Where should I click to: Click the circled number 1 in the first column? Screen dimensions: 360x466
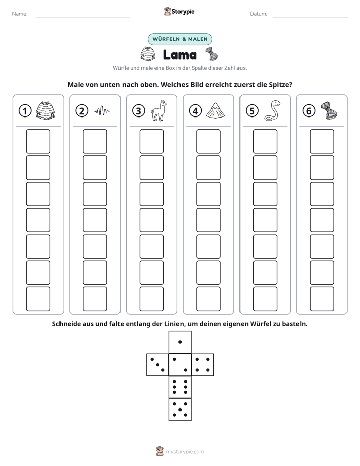click(x=25, y=111)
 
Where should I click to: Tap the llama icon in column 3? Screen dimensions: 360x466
click(x=159, y=110)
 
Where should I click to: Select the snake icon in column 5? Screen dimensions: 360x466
click(x=272, y=110)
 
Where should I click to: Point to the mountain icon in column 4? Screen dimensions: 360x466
click(x=216, y=110)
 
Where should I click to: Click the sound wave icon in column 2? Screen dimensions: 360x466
click(x=102, y=111)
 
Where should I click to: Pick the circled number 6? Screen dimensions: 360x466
click(x=309, y=111)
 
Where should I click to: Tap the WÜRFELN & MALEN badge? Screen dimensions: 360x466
click(x=180, y=39)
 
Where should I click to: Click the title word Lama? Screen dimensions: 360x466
click(x=180, y=55)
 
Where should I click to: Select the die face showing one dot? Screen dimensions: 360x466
click(x=180, y=342)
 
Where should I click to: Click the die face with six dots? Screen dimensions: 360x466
click(x=180, y=387)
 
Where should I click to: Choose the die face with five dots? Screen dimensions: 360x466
click(x=180, y=410)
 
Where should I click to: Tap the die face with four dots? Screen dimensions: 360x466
click(x=203, y=365)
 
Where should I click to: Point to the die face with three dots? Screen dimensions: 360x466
click(x=158, y=365)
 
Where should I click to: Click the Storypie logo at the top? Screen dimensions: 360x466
click(x=179, y=11)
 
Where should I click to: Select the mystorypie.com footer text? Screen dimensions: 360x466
click(x=185, y=452)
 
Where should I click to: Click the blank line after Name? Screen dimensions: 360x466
click(x=83, y=17)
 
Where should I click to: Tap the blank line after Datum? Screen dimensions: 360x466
click(x=311, y=17)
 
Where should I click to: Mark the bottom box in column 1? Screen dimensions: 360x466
click(x=38, y=299)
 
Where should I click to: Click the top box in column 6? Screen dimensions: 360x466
click(x=322, y=141)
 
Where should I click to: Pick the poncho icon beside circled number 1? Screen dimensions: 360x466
click(x=45, y=110)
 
